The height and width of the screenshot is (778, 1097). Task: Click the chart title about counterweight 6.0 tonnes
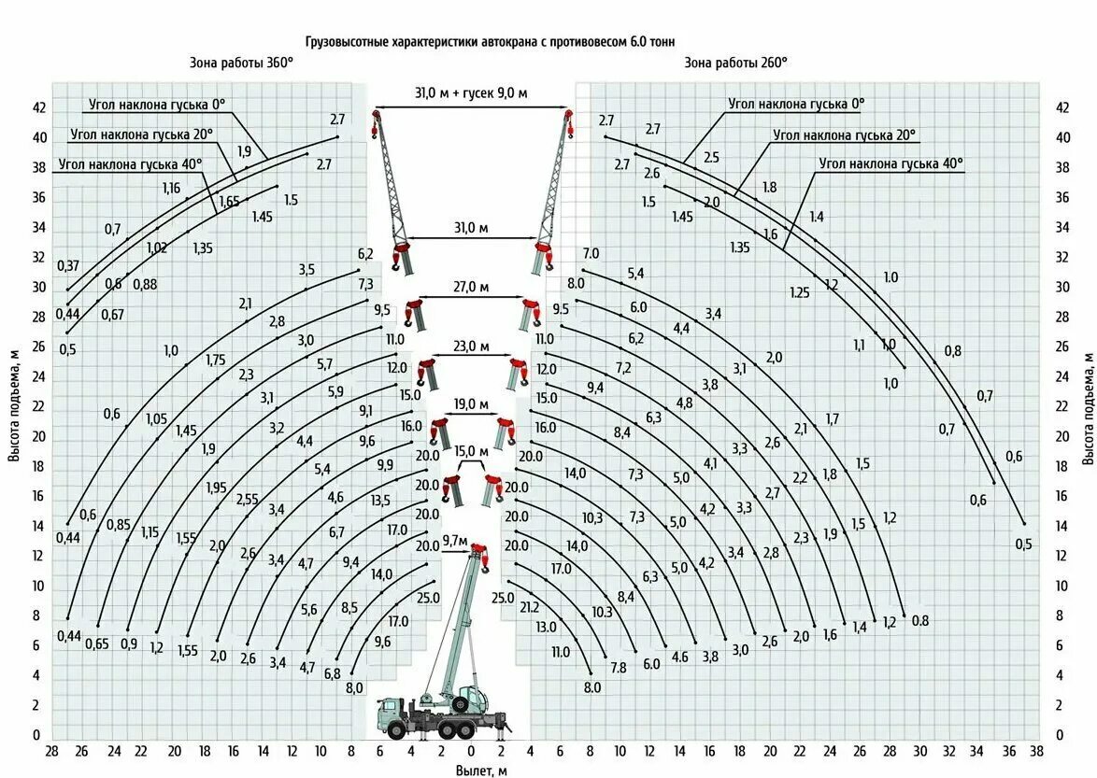click(x=490, y=42)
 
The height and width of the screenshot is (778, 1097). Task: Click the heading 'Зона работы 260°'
click(x=735, y=63)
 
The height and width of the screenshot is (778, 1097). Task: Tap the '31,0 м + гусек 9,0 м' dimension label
click(x=472, y=92)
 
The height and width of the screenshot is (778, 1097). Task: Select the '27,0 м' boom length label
click(x=472, y=288)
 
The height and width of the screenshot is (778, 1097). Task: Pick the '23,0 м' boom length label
click(x=472, y=346)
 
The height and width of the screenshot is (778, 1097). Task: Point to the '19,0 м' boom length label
click(x=472, y=403)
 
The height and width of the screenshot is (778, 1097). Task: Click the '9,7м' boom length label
click(x=455, y=541)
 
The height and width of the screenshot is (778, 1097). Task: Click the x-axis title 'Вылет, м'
click(x=482, y=770)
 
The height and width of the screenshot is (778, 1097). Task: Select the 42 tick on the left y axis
click(x=39, y=108)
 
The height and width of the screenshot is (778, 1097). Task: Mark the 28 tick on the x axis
click(x=51, y=751)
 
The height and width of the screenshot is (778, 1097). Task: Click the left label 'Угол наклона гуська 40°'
click(x=130, y=164)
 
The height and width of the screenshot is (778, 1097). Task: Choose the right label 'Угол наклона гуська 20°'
click(x=844, y=134)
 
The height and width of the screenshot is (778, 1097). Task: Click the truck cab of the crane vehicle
click(x=392, y=717)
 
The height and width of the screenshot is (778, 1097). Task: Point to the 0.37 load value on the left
click(x=68, y=264)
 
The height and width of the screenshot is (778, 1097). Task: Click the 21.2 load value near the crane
click(x=529, y=607)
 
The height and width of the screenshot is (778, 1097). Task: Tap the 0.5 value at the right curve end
click(x=1023, y=545)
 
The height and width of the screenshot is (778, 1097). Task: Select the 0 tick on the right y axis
click(x=1061, y=735)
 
